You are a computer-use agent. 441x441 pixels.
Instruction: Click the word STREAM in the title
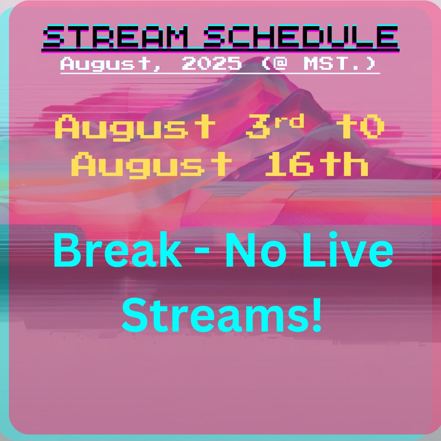116,37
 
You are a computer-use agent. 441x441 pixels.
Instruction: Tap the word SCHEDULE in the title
301,37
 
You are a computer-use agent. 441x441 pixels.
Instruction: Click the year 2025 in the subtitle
212,63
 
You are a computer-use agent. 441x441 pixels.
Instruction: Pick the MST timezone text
336,63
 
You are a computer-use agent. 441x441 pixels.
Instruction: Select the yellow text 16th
317,164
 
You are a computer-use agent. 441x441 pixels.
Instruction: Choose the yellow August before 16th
151,165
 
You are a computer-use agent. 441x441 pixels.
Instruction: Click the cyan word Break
118,250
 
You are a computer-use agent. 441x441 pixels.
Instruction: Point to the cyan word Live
348,249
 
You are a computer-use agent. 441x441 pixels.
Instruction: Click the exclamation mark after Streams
317,315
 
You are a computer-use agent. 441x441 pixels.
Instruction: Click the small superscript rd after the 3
289,121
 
